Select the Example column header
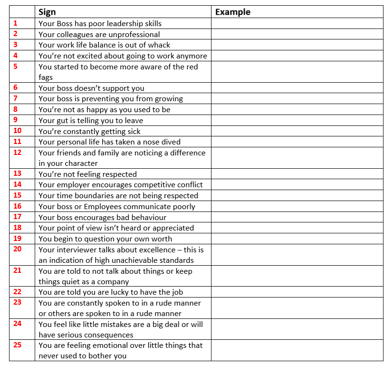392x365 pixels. [x=232, y=12]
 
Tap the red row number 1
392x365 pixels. [x=15, y=23]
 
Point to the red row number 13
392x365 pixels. [x=17, y=174]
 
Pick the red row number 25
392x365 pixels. [x=17, y=345]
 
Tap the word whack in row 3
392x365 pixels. [x=159, y=45]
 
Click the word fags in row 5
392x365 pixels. [x=46, y=77]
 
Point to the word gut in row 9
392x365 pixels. [x=63, y=120]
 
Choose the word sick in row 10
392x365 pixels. [x=133, y=131]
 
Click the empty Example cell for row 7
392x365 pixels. [x=297, y=99]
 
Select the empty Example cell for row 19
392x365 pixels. [x=297, y=239]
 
